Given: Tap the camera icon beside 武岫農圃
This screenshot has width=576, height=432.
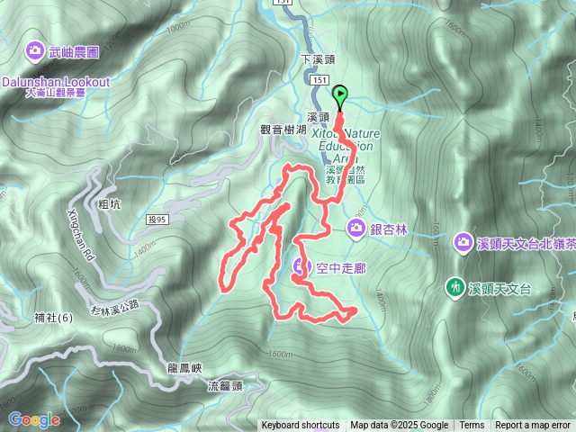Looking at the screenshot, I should coord(37,49).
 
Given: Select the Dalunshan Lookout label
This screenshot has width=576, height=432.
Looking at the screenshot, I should coord(55,82).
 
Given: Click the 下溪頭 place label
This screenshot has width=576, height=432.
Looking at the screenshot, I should coord(317,59).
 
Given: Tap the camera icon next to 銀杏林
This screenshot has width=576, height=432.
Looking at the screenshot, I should coord(355,229).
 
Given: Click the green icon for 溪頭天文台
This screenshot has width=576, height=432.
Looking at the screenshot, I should coord(455,288).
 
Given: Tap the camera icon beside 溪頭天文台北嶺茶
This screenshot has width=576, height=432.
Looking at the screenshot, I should coord(463,241).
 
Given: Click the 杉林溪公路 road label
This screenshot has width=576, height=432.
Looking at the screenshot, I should coord(115,307).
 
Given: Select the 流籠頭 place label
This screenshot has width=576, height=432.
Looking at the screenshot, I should coord(225,386).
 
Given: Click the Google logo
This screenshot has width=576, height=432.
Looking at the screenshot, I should coord(33,419).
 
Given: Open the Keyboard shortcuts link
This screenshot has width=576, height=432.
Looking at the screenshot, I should coord(300,426).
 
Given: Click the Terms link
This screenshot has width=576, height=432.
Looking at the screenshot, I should coord(472,426).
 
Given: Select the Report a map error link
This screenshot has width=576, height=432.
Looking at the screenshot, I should coord(533,426).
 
